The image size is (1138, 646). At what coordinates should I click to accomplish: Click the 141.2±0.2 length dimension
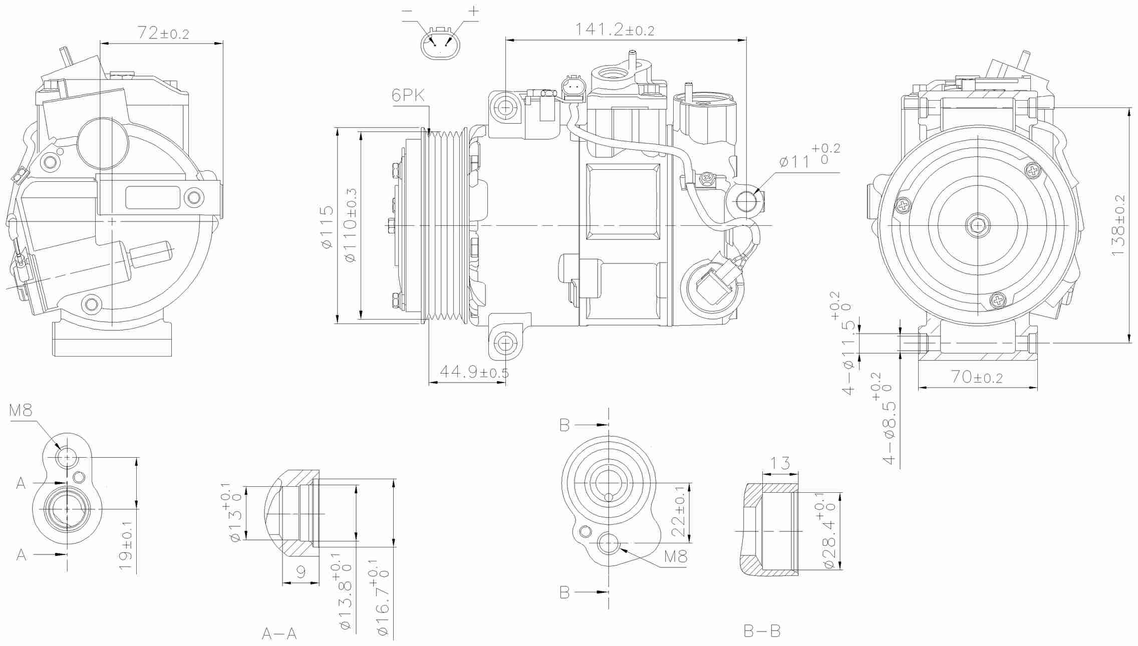pos(614,30)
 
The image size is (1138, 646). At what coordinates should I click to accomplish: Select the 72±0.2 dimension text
pos(163,33)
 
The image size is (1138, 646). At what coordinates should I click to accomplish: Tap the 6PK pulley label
pos(408,95)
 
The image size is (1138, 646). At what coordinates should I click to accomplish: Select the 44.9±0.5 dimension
pos(474,373)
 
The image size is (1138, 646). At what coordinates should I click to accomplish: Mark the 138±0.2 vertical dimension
pos(1118,225)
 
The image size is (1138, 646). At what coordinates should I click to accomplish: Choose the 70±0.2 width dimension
pos(977,378)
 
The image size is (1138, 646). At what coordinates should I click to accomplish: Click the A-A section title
pos(279,634)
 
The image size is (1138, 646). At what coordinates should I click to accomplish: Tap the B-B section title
pos(762,631)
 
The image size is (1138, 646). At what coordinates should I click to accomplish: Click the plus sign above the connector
pos(473,11)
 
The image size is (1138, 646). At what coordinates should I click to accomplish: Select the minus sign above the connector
pos(407,11)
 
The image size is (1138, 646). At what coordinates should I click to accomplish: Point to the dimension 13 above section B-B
pos(781,463)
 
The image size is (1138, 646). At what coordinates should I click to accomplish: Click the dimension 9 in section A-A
pos(301,572)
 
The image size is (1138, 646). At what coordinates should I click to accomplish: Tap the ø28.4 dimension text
pos(829,536)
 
